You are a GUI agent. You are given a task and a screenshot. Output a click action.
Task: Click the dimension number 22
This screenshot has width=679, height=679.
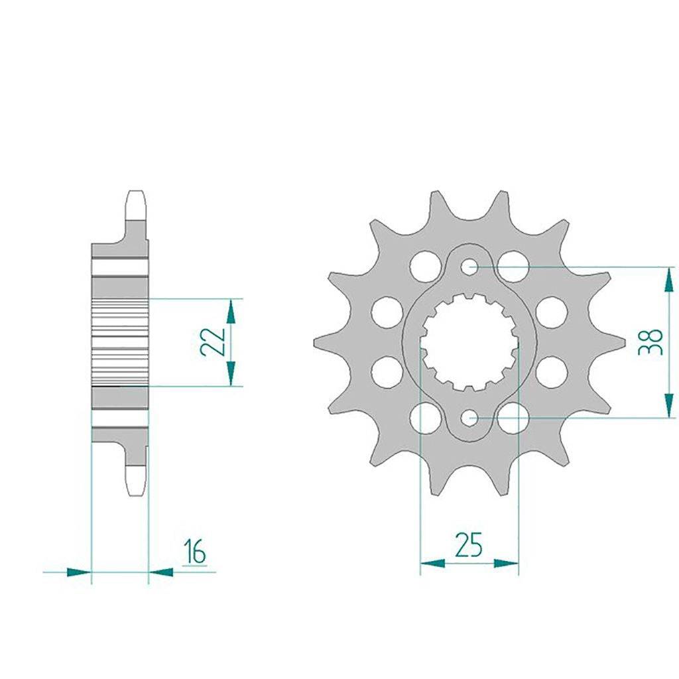[213, 341]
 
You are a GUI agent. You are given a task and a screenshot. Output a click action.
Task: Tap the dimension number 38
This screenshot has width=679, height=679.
[650, 342]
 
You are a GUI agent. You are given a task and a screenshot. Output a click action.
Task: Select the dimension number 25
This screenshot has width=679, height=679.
[469, 545]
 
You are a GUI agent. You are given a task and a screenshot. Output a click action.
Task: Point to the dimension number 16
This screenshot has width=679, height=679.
[194, 551]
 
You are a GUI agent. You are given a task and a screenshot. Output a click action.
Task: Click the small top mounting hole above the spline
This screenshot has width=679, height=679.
[469, 267]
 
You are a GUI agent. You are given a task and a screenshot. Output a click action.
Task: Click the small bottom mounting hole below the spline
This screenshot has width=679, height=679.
[469, 418]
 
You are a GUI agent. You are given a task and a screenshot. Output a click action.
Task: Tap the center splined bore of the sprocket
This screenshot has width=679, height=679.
[469, 342]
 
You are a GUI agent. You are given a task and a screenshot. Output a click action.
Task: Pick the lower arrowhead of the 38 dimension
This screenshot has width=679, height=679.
[670, 405]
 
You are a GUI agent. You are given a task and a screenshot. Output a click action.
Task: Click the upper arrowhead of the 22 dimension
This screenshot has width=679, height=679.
[230, 312]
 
